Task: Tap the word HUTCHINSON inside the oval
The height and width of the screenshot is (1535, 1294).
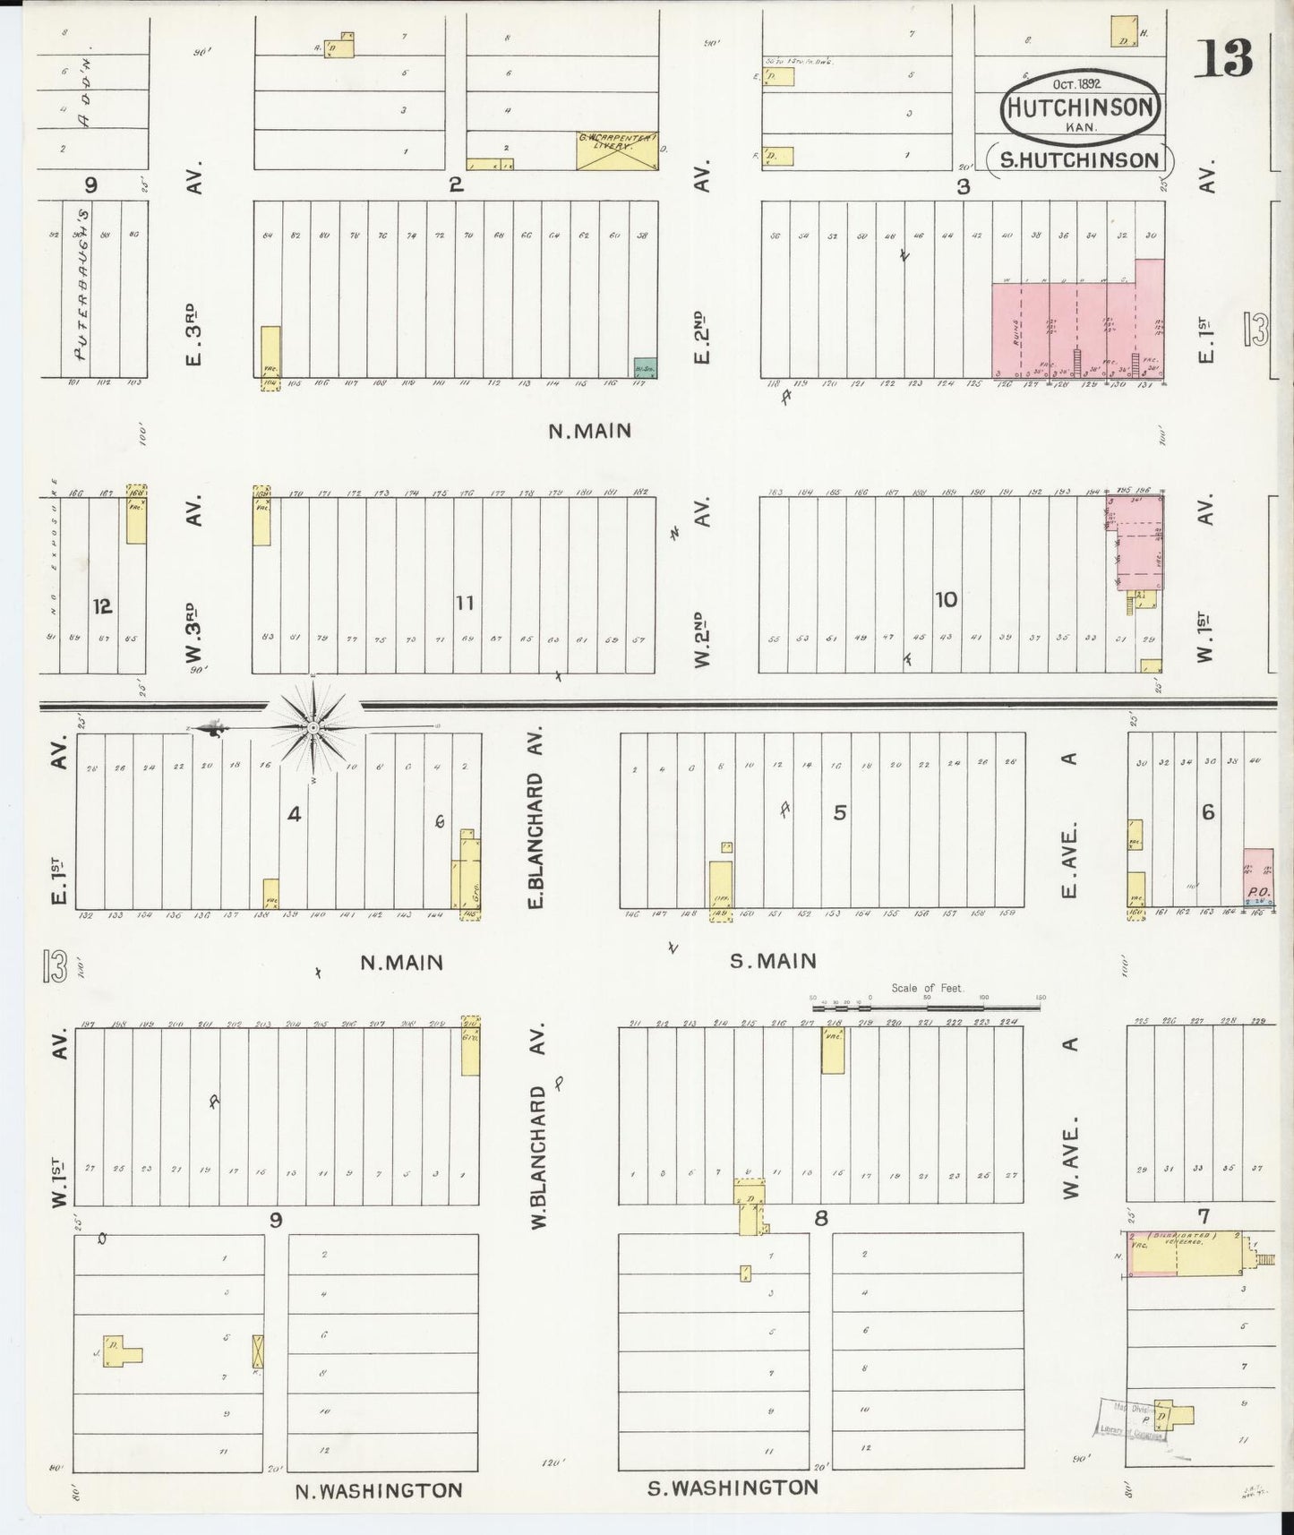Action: click(1083, 107)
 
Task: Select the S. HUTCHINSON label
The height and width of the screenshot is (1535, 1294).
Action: click(1080, 160)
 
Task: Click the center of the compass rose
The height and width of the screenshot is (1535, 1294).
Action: click(313, 728)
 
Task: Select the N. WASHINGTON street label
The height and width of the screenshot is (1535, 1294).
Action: click(379, 1490)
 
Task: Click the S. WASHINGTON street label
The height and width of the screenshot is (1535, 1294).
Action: click(733, 1488)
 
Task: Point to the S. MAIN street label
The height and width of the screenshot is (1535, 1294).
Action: click(773, 961)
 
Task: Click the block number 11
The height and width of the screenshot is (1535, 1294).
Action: click(464, 603)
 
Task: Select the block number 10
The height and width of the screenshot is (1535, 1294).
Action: click(946, 599)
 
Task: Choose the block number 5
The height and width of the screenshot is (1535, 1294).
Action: click(839, 812)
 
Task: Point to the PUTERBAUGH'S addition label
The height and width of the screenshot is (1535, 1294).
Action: click(82, 285)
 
